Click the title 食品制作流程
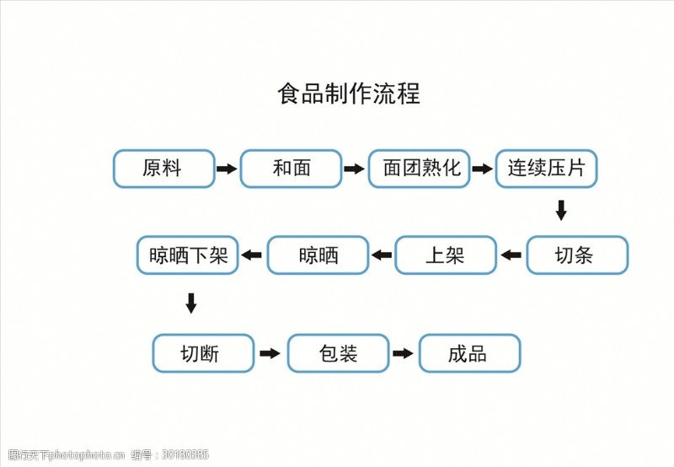tap(349, 94)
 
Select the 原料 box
tap(163, 169)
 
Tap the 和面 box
tap(291, 169)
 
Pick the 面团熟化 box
tap(419, 169)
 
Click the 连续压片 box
tap(546, 169)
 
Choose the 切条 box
tap(577, 255)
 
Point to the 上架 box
tap(446, 255)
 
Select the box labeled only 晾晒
tap(318, 255)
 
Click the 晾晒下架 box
tap(187, 255)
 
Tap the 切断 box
tap(203, 353)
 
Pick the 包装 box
tap(339, 353)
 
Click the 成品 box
tap(470, 353)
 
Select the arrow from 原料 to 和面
tap(227, 169)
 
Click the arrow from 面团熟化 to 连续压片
tap(482, 169)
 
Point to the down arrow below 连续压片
tap(561, 210)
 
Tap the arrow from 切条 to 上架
tap(511, 255)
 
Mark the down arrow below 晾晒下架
tap(191, 303)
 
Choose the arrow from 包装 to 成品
tap(403, 353)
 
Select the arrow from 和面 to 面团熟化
tap(354, 169)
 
